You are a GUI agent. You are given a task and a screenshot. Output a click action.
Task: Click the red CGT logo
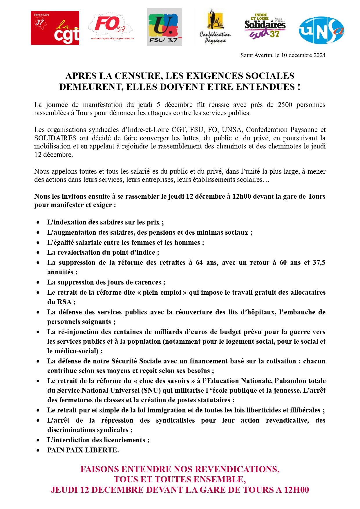(x=55, y=28)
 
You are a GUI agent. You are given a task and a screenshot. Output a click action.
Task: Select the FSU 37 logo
(x=164, y=27)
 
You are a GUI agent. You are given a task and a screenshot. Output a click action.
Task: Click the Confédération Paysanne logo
(x=215, y=27)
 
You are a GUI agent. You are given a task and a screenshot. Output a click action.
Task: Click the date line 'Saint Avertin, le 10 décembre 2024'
(x=283, y=55)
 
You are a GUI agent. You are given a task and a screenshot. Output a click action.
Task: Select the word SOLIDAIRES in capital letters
(x=55, y=138)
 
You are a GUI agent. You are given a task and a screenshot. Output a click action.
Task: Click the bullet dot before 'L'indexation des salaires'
(x=38, y=222)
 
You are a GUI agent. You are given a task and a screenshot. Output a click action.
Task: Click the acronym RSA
(x=64, y=302)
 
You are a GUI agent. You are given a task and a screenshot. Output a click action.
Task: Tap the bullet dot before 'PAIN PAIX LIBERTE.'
(x=38, y=450)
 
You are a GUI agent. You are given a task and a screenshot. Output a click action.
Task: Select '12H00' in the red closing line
(x=296, y=490)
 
